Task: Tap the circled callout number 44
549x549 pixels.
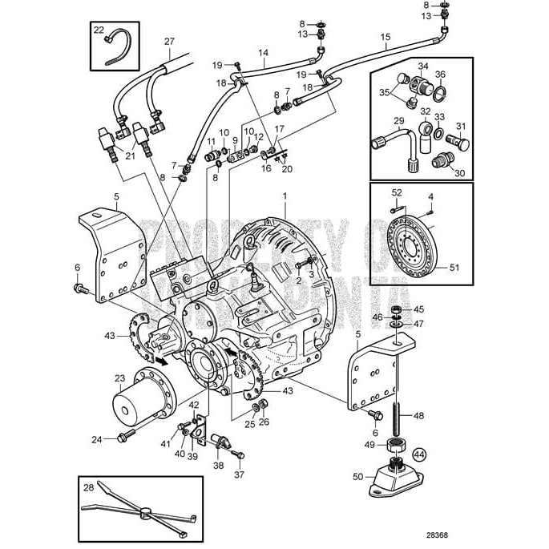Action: tap(421, 454)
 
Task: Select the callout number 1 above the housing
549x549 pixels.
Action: tap(284, 196)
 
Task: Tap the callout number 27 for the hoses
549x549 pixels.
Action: tap(168, 41)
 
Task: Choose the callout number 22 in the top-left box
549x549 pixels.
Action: tap(99, 30)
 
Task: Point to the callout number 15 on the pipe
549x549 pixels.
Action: tap(385, 37)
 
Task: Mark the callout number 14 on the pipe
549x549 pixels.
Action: tap(262, 52)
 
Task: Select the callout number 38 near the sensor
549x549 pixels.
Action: tap(219, 465)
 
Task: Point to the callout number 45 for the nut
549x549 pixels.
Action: tap(418, 309)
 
